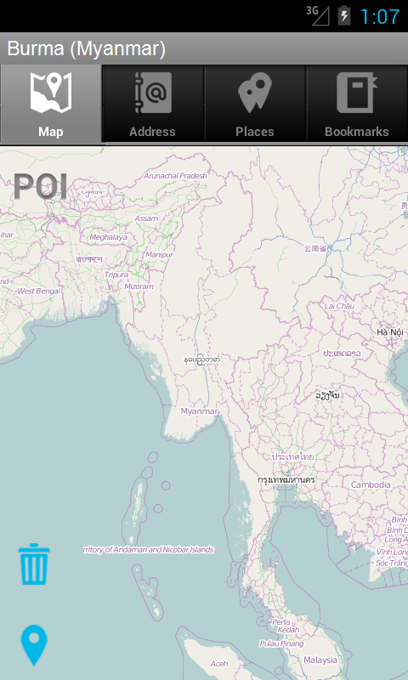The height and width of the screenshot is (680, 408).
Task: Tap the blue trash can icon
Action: pyautogui.click(x=34, y=564)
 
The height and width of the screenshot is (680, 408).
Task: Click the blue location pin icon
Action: pyautogui.click(x=34, y=645)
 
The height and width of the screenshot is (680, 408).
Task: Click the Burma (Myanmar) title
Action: pyautogui.click(x=86, y=48)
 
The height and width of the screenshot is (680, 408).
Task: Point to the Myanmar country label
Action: pyautogui.click(x=199, y=411)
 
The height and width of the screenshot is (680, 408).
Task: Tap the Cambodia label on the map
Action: pyautogui.click(x=371, y=484)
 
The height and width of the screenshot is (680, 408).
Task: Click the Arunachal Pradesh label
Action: pyautogui.click(x=176, y=175)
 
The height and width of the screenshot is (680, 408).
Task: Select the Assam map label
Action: pyautogui.click(x=146, y=218)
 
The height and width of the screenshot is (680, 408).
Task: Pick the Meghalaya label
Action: pyautogui.click(x=108, y=237)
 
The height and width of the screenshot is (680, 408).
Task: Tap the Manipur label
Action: pyautogui.click(x=159, y=254)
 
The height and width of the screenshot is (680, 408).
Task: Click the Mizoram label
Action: pyautogui.click(x=139, y=286)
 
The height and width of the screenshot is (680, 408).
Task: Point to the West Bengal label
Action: pyautogui.click(x=39, y=291)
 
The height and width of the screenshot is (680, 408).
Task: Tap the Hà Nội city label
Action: pyautogui.click(x=390, y=331)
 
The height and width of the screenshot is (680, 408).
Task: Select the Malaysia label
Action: pyautogui.click(x=320, y=660)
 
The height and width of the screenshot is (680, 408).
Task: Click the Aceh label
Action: pyautogui.click(x=219, y=664)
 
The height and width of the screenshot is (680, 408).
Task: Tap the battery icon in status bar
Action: pyautogui.click(x=343, y=15)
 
